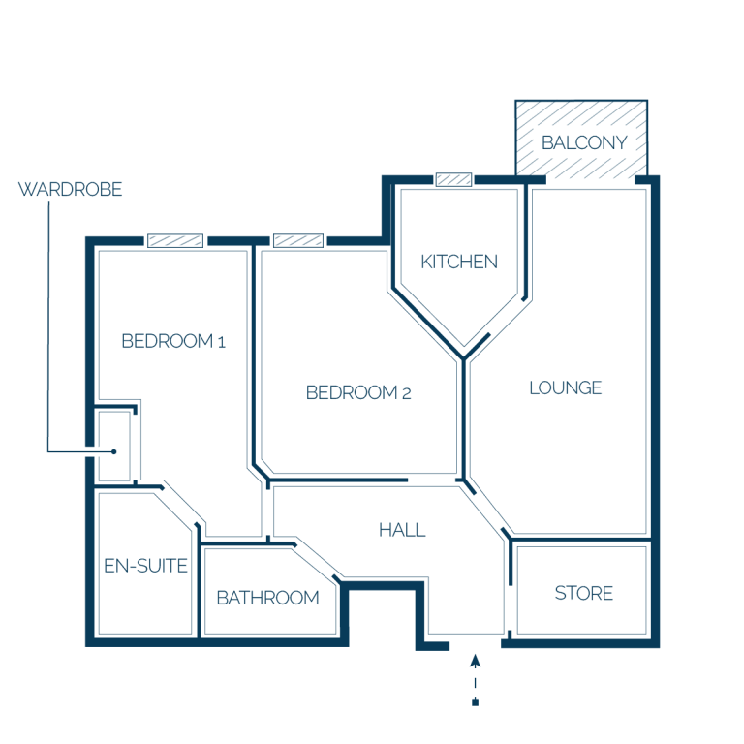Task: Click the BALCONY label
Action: [584, 142]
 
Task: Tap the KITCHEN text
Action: [459, 262]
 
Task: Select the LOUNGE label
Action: [566, 388]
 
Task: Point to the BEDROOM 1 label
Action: [173, 341]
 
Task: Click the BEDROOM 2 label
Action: [358, 393]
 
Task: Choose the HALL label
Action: [402, 530]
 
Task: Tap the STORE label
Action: [583, 593]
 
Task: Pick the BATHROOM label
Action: [267, 598]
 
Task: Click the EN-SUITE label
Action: [145, 566]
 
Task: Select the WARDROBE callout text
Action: [70, 189]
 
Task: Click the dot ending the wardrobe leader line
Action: [114, 451]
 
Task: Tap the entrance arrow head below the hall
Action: [475, 661]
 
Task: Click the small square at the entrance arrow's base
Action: [475, 702]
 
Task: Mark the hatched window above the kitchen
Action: [454, 179]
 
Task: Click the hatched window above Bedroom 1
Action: [175, 240]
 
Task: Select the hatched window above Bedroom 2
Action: [298, 240]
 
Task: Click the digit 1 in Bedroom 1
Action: [221, 342]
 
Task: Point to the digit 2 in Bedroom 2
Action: [406, 394]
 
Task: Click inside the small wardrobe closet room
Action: [114, 446]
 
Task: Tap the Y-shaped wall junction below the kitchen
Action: [464, 357]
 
